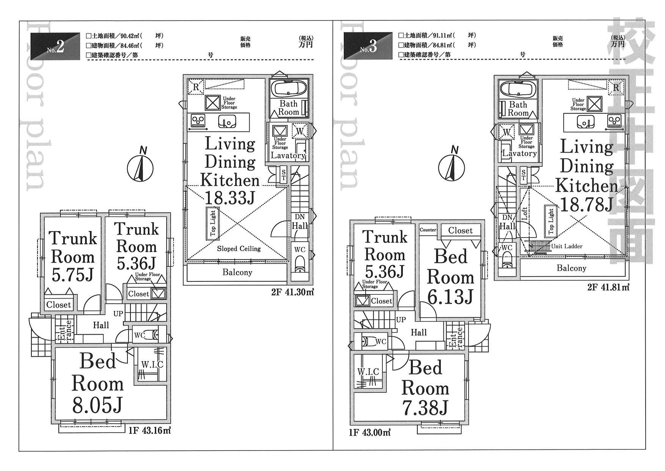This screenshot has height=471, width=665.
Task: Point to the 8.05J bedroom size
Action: [98, 405]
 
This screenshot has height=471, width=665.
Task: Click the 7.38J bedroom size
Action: [425, 408]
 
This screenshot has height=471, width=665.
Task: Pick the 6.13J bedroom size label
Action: [451, 296]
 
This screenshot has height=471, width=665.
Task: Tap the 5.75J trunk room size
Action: [72, 274]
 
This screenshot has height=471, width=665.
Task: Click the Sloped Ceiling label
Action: [239, 249]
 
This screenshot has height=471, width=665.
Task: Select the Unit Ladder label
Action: [567, 246]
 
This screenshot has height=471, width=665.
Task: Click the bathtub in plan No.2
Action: [290, 89]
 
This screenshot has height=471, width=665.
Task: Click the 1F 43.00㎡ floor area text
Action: [370, 432]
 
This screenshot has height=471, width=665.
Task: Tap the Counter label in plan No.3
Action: [428, 230]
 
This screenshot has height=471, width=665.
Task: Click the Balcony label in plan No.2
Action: [237, 272]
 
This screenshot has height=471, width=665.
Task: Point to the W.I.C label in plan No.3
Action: [368, 371]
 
